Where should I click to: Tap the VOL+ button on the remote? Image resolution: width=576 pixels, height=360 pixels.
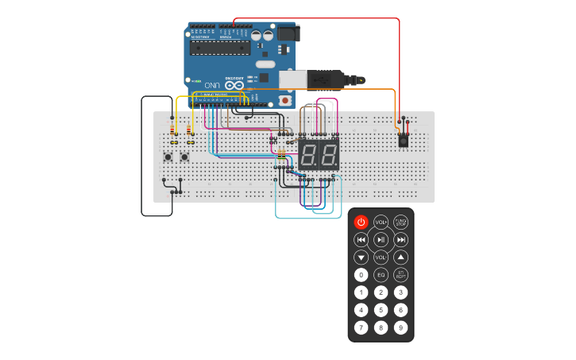click(381, 222)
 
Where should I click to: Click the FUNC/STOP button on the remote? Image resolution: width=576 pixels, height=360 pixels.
click(400, 222)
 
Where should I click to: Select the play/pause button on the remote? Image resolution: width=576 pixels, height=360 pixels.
click(381, 239)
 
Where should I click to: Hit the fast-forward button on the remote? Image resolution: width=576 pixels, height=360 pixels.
click(400, 239)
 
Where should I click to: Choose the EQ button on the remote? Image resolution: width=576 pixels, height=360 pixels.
click(381, 274)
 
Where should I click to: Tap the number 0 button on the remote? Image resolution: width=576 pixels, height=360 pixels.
click(361, 274)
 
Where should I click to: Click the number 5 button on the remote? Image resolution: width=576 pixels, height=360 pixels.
click(381, 310)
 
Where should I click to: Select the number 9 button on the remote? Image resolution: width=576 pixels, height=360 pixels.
click(400, 327)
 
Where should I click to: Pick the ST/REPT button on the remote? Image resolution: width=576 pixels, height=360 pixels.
click(400, 274)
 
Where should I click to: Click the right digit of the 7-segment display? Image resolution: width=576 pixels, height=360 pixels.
click(327, 154)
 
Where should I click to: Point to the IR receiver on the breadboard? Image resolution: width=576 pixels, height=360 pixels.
click(404, 140)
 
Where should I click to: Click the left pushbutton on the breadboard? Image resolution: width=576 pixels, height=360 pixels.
click(168, 157)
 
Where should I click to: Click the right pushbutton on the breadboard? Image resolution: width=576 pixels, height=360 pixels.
click(185, 157)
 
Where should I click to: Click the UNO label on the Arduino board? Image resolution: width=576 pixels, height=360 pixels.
click(211, 84)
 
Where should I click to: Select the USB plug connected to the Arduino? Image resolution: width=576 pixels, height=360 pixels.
click(327, 79)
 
